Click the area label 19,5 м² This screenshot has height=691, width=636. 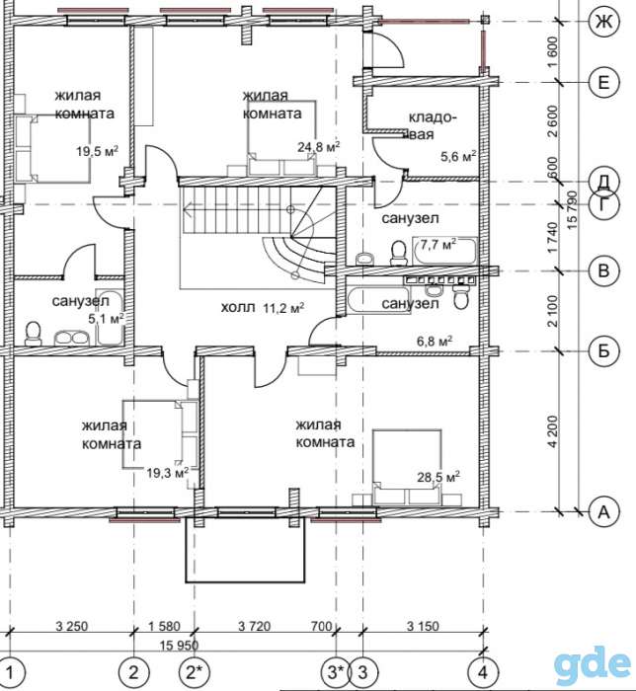coord(98,151)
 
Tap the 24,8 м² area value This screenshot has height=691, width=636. coord(319,146)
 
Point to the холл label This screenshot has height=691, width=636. coord(238,308)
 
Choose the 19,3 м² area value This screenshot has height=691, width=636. coord(168,473)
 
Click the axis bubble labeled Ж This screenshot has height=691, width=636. coord(603,21)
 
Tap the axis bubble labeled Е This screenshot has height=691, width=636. coord(603,82)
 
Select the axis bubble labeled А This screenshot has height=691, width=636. coord(603,511)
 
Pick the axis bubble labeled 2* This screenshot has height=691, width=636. coord(195,672)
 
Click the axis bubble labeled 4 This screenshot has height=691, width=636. coord(484,672)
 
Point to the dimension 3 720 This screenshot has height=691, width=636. coord(255,626)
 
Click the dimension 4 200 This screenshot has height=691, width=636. coord(553,431)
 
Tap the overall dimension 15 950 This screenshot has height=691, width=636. coord(179,646)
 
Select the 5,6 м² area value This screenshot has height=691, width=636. coord(459,156)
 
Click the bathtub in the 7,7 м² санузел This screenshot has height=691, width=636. coord(444,251)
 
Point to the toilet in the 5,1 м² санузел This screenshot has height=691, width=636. coord(33,334)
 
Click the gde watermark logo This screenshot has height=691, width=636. coord(593,663)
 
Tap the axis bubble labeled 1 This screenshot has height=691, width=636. coord(10,672)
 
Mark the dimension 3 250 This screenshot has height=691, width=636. coord(72,626)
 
